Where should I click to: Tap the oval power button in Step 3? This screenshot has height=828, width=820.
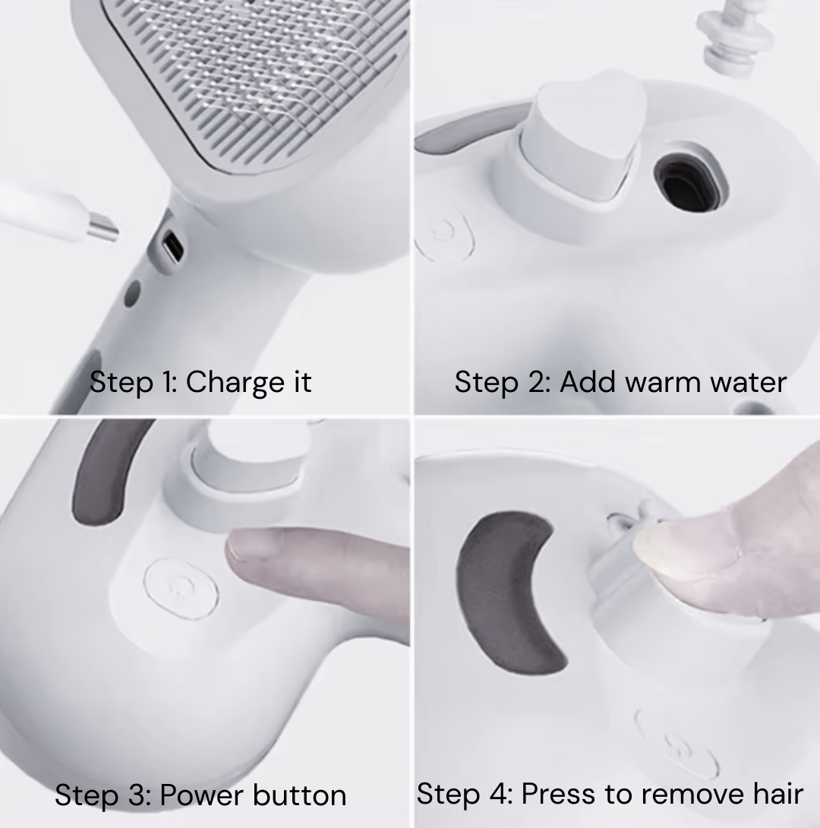181,587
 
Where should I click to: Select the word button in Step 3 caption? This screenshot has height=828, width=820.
300,796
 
